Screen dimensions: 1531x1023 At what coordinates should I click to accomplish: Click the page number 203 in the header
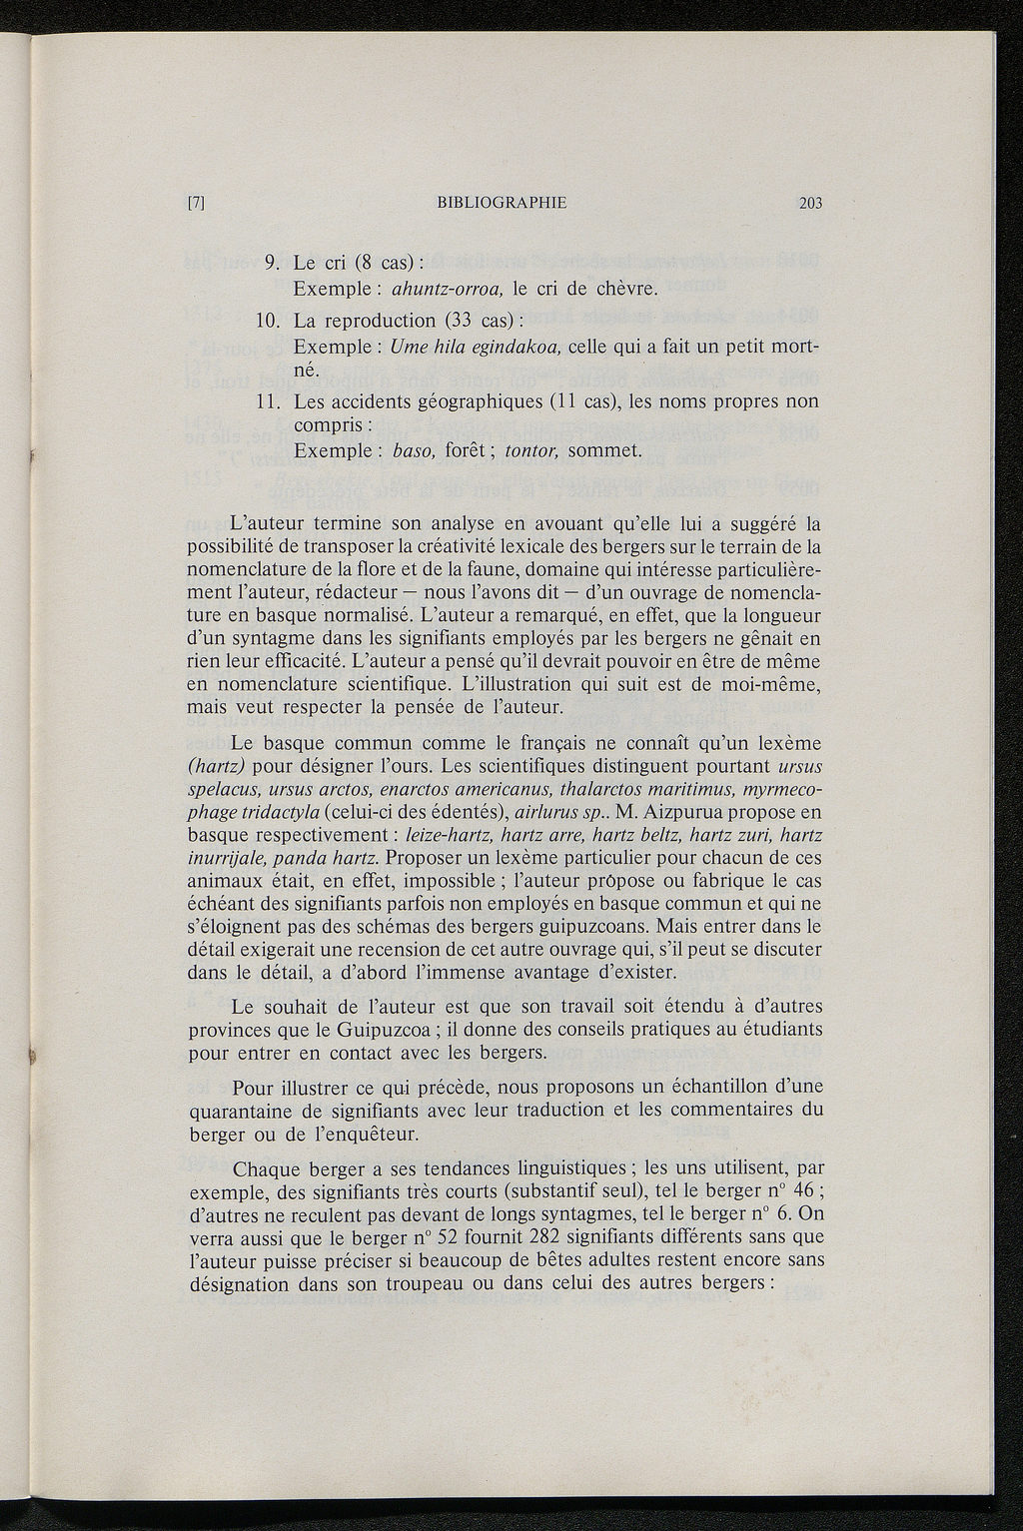tap(809, 203)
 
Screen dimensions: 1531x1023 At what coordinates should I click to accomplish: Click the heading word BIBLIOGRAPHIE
tap(502, 203)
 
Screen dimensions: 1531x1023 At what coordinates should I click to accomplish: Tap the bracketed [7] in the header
tap(196, 203)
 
